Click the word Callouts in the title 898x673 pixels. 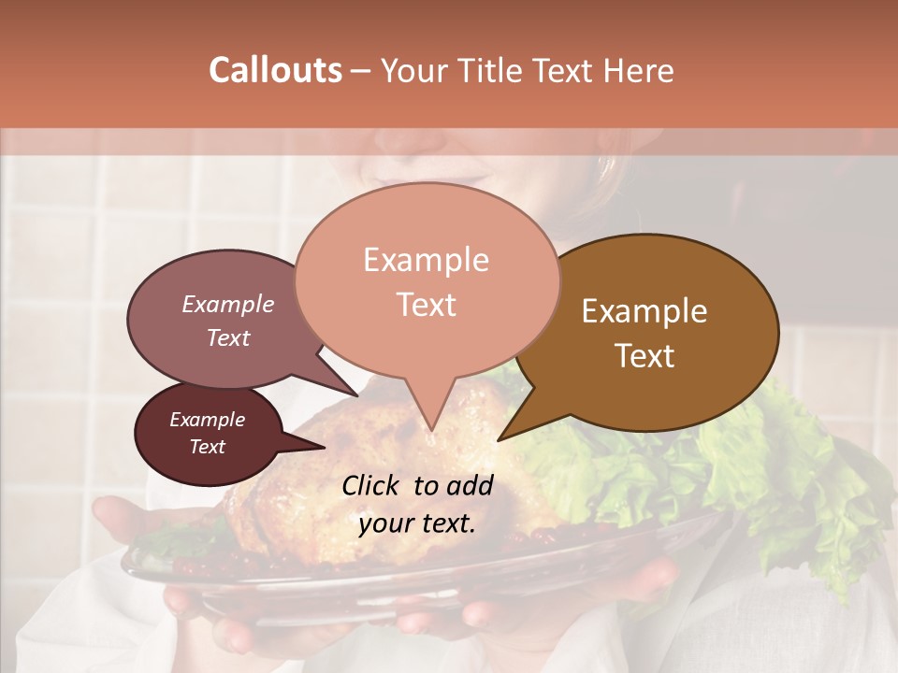[275, 70]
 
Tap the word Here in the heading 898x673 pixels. [640, 70]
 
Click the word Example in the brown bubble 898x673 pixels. [645, 311]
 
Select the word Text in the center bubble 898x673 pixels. [426, 305]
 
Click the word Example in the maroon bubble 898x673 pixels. [207, 420]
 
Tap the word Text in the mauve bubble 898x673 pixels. [228, 338]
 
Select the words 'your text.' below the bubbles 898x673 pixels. [417, 523]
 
